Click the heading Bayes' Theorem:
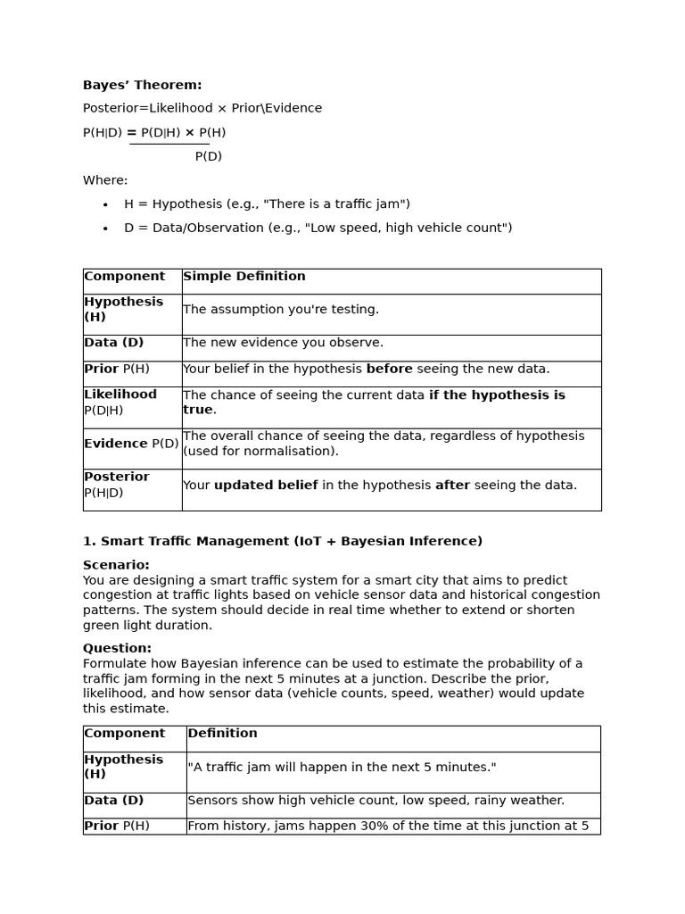pyautogui.click(x=142, y=86)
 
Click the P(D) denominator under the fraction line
pyautogui.click(x=208, y=157)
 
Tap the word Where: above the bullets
pyautogui.click(x=105, y=180)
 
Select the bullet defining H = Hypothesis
pyautogui.click(x=267, y=204)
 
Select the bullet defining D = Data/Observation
pyautogui.click(x=318, y=228)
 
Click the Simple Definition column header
pyautogui.click(x=243, y=277)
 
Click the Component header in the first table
pyautogui.click(x=124, y=277)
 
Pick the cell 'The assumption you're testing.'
pyautogui.click(x=281, y=310)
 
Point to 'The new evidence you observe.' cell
pyautogui.click(x=283, y=343)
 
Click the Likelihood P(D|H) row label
pyautogui.click(x=120, y=403)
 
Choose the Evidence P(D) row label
pyautogui.click(x=131, y=444)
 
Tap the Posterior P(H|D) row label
pyautogui.click(x=116, y=485)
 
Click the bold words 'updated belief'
pyautogui.click(x=266, y=486)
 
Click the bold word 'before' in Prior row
pyautogui.click(x=389, y=370)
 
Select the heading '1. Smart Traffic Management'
pyautogui.click(x=282, y=541)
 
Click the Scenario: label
pyautogui.click(x=116, y=565)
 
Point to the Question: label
pyautogui.click(x=117, y=648)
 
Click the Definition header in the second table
pyautogui.click(x=222, y=734)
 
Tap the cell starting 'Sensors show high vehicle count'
pyautogui.click(x=376, y=801)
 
